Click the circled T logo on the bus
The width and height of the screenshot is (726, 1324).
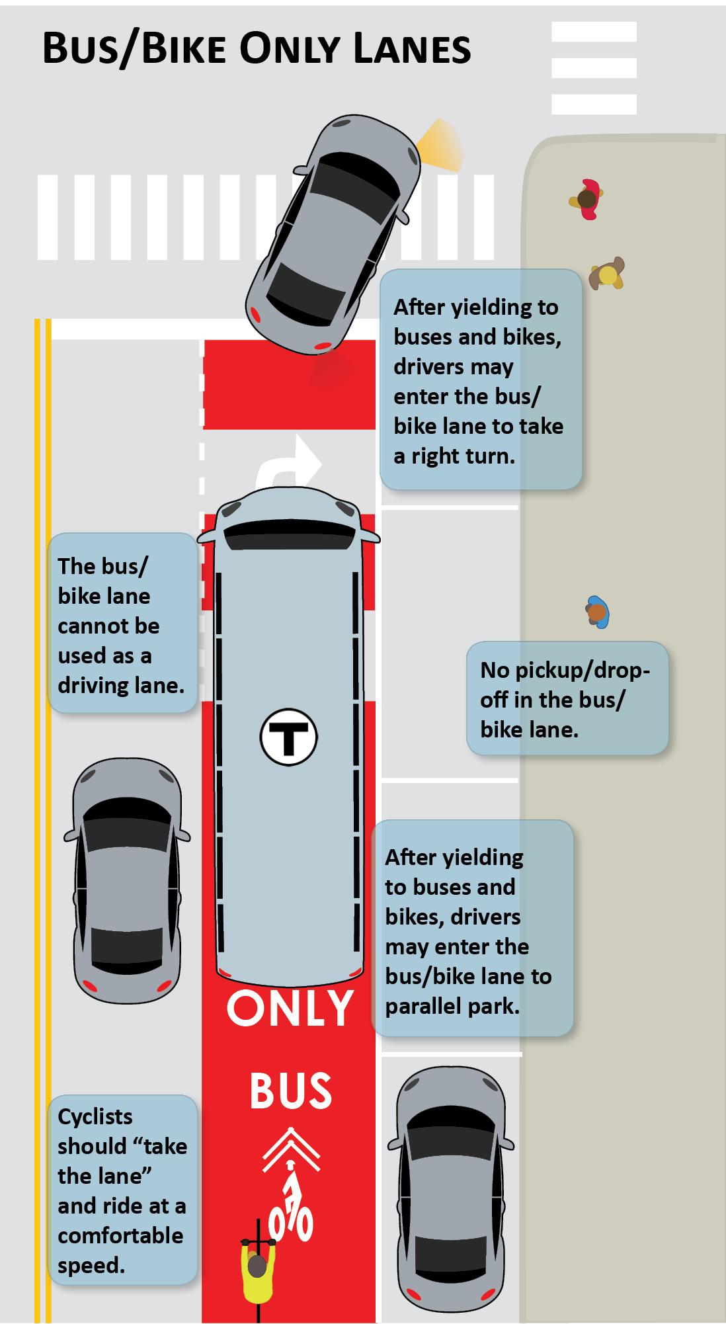pos(288,737)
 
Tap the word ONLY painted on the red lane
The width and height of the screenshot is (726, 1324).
pos(290,1009)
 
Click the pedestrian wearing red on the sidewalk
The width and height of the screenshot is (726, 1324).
pos(587,198)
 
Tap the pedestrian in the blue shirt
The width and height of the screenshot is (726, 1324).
pos(597,612)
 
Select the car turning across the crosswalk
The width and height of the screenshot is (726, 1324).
pos(334,235)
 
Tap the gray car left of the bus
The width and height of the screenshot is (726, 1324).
pos(126,880)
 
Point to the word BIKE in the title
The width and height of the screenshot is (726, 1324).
pos(184,49)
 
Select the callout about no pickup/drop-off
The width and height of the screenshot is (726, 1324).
pos(567,698)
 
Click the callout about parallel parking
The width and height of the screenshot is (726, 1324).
pos(472,929)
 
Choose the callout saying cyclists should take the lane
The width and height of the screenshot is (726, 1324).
pos(123,1190)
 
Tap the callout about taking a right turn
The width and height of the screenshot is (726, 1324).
pos(481,380)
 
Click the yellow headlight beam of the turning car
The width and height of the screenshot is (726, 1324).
pos(441,145)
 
